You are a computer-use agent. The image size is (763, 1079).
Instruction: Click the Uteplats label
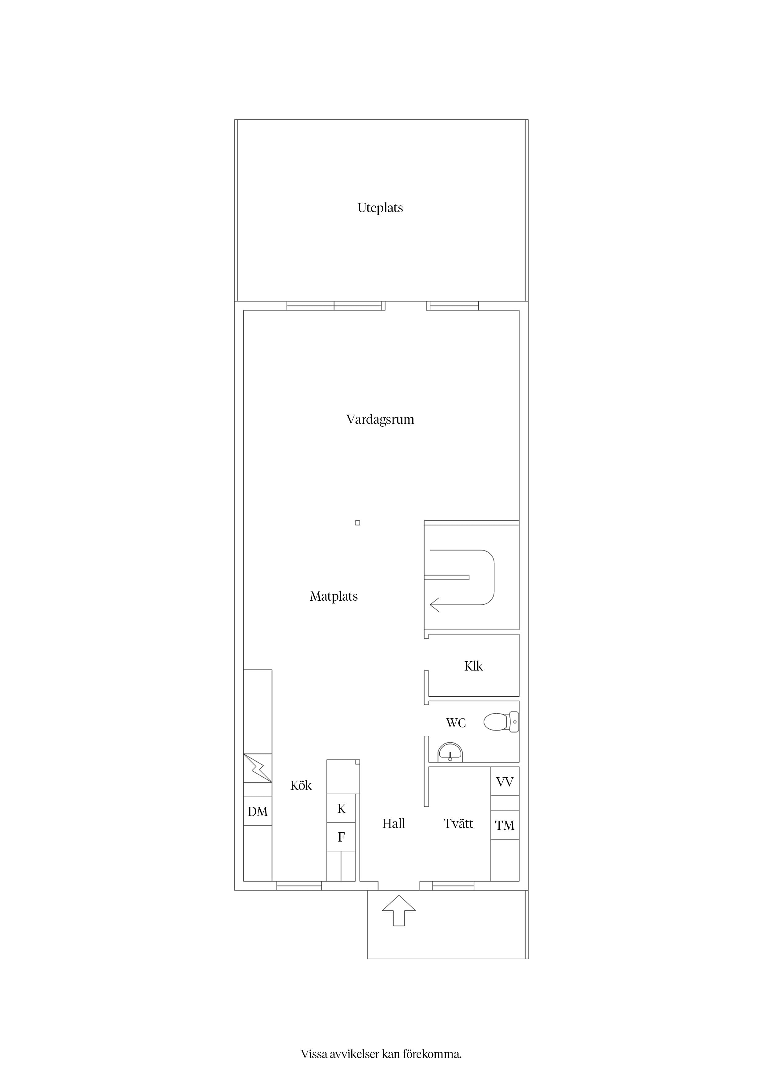tap(380, 208)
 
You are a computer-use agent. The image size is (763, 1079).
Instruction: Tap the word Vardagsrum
tap(380, 419)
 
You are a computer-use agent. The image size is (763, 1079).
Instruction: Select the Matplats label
tap(334, 596)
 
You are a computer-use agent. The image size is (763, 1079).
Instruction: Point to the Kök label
tap(301, 785)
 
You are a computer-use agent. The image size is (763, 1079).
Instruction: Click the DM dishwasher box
tap(258, 811)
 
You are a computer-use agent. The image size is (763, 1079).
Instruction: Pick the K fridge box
tap(341, 808)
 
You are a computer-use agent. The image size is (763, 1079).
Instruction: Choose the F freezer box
tap(341, 837)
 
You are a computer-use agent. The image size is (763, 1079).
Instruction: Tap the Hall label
tap(393, 823)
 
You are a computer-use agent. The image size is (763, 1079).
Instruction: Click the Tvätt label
tap(458, 823)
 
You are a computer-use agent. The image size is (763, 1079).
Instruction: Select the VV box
tap(505, 782)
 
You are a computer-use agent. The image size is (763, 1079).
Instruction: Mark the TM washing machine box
tap(505, 825)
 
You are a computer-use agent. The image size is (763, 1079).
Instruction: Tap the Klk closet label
tap(473, 666)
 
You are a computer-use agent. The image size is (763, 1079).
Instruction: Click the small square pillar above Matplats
tap(357, 523)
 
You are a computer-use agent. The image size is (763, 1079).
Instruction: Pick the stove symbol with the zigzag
tap(258, 768)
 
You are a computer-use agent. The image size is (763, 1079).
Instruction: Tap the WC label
tap(456, 723)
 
